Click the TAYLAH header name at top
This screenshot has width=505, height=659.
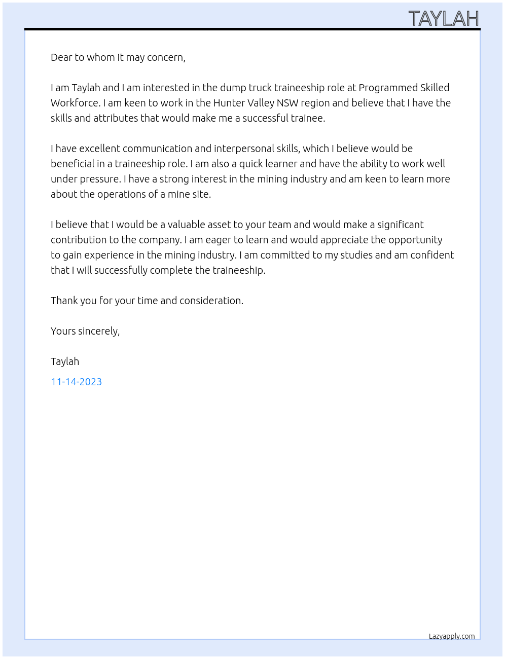click(444, 19)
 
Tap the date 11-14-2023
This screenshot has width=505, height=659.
click(76, 382)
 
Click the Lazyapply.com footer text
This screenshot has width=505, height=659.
click(452, 636)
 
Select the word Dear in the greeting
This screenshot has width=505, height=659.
click(61, 57)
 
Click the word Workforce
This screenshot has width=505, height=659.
click(75, 103)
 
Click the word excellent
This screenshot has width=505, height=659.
click(99, 149)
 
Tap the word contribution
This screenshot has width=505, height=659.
click(79, 240)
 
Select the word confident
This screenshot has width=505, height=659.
click(432, 255)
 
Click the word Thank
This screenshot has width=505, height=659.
click(64, 301)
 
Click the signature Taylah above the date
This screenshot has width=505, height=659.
click(65, 361)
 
